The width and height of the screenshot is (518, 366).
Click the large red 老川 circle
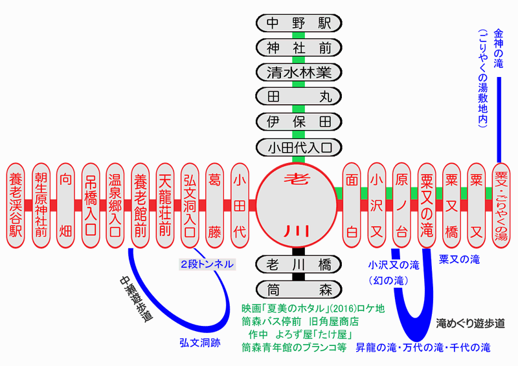[298, 204]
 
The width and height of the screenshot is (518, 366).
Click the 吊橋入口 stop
[90, 204]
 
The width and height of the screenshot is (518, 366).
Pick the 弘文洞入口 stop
[190, 204]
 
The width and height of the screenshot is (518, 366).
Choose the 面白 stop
[352, 204]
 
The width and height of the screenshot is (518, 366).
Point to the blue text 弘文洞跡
[199, 343]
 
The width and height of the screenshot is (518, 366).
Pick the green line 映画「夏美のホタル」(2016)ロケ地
[313, 308]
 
